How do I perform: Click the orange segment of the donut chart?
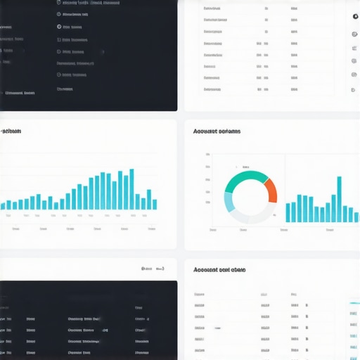pyautogui.click(x=271, y=191)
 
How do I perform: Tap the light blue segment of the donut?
pyautogui.click(x=229, y=202)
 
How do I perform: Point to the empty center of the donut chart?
pyautogui.click(x=250, y=198)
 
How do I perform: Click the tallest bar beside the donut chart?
pyautogui.click(x=339, y=199)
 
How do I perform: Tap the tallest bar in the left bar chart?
pyautogui.click(x=131, y=189)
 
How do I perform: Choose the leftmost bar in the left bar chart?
pyautogui.click(x=3, y=206)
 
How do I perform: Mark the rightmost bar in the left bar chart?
pyautogui.click(x=155, y=204)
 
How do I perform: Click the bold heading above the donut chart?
pyautogui.click(x=217, y=131)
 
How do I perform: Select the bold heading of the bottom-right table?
pyautogui.click(x=219, y=269)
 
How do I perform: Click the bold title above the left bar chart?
pyautogui.click(x=11, y=131)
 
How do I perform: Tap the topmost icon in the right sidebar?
pyautogui.click(x=355, y=16)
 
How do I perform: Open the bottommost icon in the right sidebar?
pyautogui.click(x=354, y=90)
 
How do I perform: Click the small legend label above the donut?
pyautogui.click(x=246, y=167)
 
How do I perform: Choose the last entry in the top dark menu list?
pyautogui.click(x=65, y=89)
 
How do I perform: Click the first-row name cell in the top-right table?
pyautogui.click(x=214, y=9)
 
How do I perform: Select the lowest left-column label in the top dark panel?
pyautogui.click(x=20, y=93)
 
